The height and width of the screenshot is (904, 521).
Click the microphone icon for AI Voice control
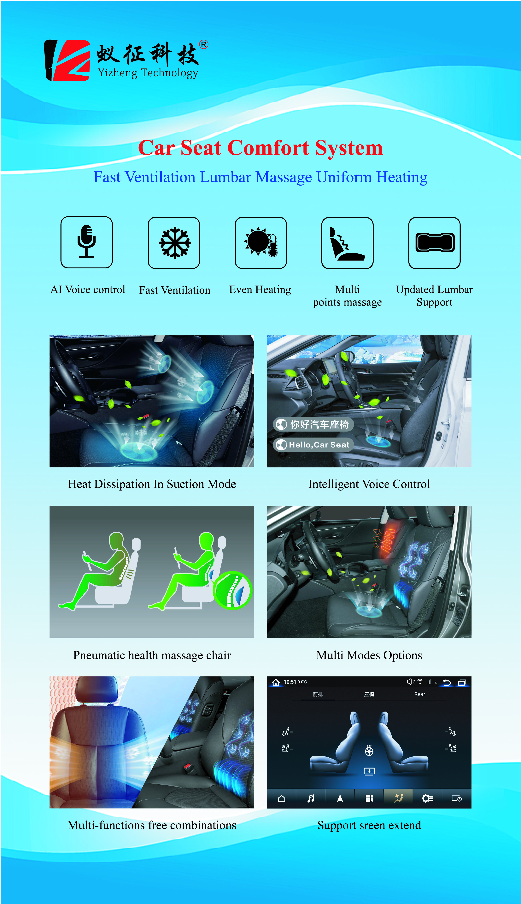[87, 242]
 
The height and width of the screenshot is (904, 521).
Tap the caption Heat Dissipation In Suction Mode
[152, 484]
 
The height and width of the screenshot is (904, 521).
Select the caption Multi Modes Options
[369, 655]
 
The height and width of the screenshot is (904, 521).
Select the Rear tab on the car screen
[420, 694]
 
